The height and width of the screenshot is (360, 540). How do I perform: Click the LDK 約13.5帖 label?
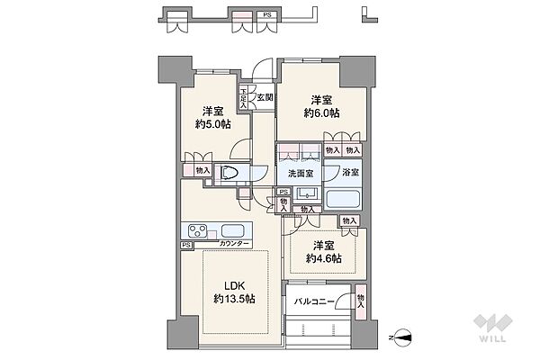235,292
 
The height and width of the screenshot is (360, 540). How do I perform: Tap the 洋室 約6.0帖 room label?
321,107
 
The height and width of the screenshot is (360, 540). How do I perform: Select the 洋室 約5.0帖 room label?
212,118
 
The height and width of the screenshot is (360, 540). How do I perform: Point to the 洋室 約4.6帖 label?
324,252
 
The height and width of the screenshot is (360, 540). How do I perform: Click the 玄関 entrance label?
265,97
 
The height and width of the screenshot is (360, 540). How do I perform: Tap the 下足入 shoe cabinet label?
244,98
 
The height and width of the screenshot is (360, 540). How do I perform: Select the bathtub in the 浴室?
343,199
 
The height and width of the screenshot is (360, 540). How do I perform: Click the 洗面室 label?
301,174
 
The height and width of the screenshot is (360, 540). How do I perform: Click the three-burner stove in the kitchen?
197,230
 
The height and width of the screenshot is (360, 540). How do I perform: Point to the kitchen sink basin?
233,229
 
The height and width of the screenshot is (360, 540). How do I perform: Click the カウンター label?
234,244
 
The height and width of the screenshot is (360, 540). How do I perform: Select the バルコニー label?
314,302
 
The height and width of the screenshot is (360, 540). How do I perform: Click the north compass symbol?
402,337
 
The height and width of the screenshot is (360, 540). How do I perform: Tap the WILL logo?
493,328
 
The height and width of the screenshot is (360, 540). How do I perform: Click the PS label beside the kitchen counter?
186,246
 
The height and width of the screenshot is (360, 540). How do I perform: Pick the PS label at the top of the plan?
267,14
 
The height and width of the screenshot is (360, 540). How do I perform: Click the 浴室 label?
351,172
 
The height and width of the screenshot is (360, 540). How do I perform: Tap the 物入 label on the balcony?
361,301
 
